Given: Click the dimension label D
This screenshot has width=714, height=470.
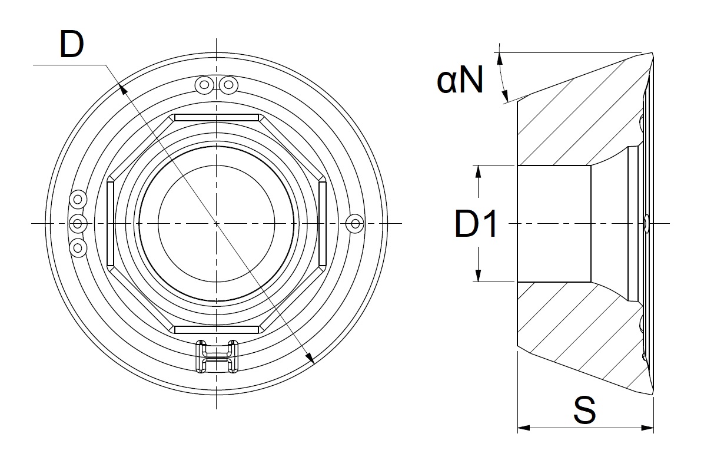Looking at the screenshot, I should pyautogui.click(x=72, y=44).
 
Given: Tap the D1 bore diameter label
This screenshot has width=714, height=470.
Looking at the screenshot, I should pyautogui.click(x=476, y=224).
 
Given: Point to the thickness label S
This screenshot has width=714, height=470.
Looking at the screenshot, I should pyautogui.click(x=584, y=410).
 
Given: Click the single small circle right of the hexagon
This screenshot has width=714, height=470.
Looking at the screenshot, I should pyautogui.click(x=354, y=223).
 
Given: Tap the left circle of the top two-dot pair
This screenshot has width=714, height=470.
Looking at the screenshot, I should pyautogui.click(x=204, y=85).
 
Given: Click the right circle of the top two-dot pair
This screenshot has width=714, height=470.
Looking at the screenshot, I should pyautogui.click(x=228, y=85).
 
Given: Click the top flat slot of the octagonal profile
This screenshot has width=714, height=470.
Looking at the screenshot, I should pyautogui.click(x=217, y=118).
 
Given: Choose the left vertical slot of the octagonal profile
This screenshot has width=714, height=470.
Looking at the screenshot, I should pyautogui.click(x=110, y=224).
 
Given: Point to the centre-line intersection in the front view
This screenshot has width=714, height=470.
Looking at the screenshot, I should pyautogui.click(x=217, y=223).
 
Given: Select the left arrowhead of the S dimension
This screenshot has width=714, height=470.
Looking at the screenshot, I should pyautogui.click(x=522, y=428).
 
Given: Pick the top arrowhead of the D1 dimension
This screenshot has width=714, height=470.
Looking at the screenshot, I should pyautogui.click(x=479, y=170).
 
